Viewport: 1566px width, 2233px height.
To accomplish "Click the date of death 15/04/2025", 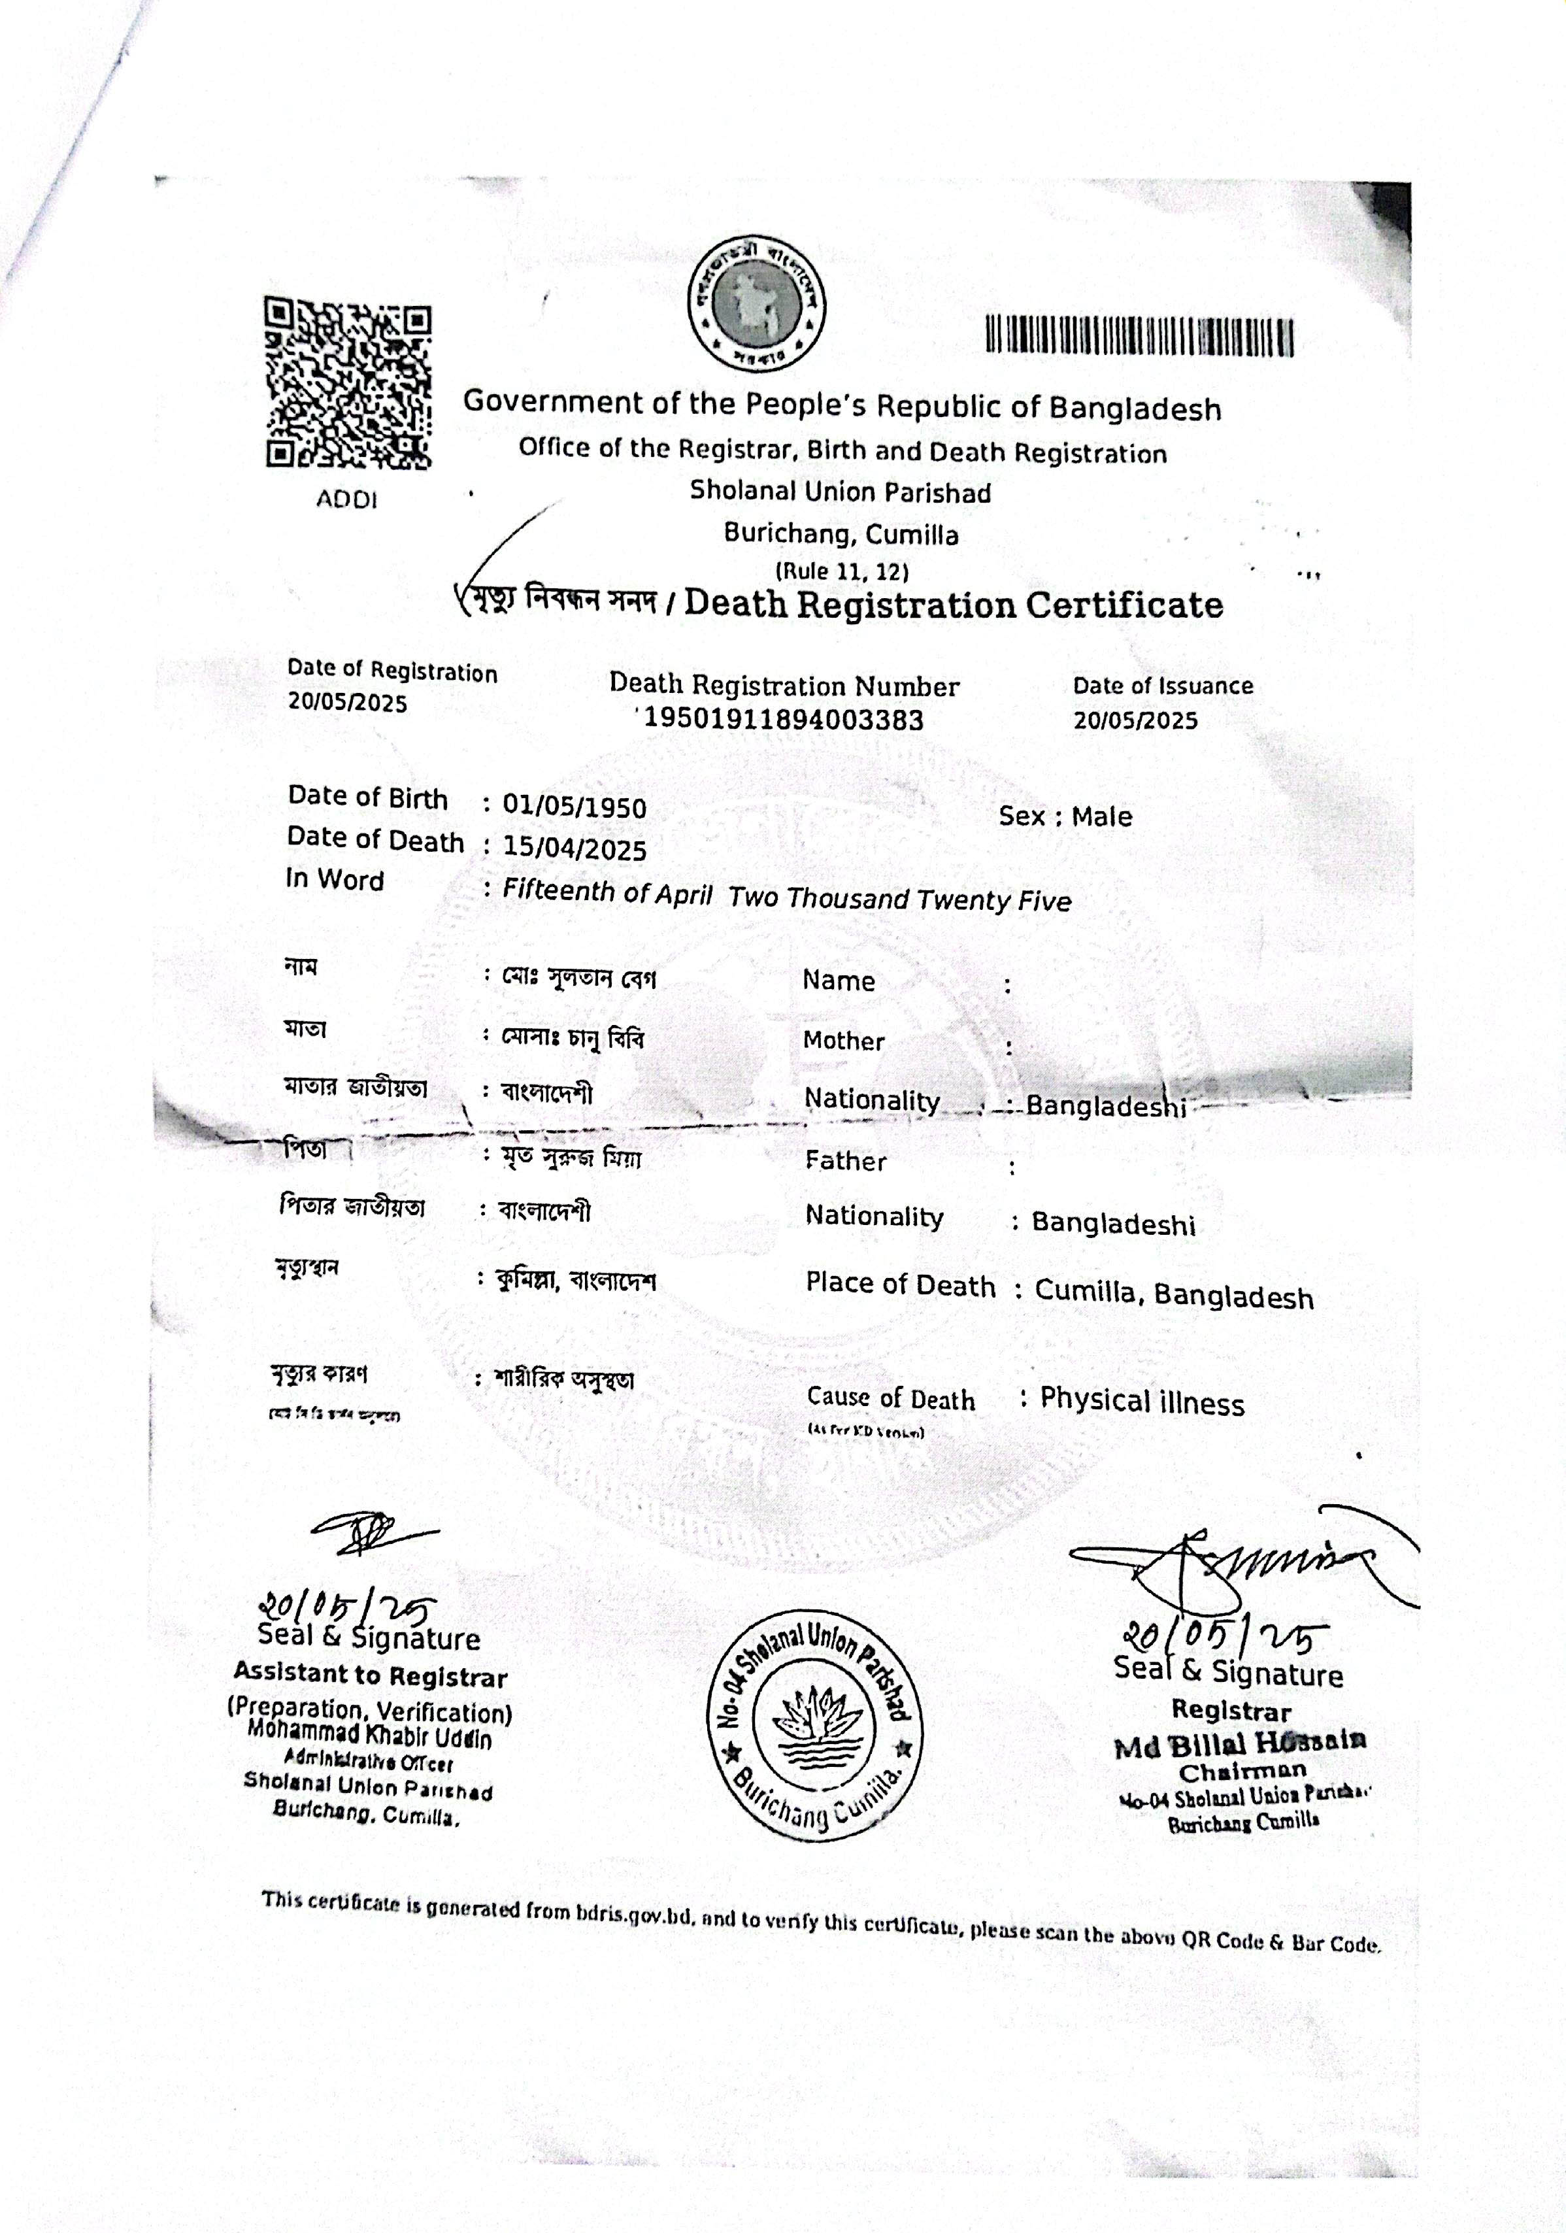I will tap(574, 849).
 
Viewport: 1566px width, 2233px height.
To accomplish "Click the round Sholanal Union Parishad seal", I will tap(817, 1726).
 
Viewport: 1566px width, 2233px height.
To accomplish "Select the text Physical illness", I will tap(1141, 1402).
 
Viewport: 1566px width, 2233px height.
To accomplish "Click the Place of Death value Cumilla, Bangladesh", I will tap(1173, 1294).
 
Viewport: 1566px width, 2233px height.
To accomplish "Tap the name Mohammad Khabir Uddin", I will tap(370, 1734).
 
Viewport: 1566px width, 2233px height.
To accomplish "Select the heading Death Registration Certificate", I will tap(953, 605).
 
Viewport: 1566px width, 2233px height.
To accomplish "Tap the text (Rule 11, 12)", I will tap(841, 571).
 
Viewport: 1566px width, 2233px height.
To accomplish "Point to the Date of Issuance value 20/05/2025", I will tap(1135, 720).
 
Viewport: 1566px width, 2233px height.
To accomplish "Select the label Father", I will tap(844, 1161).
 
